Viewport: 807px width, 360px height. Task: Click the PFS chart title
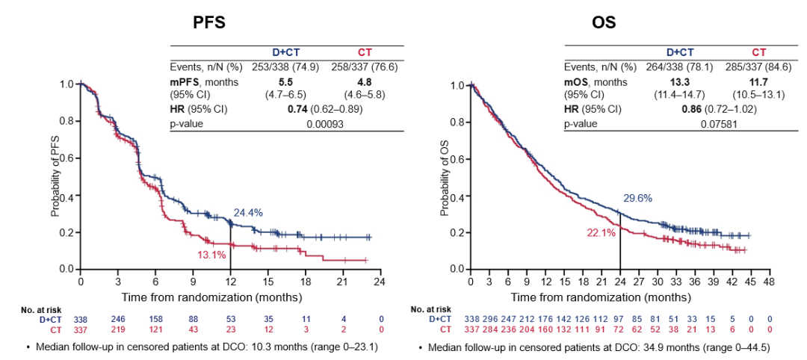coord(210,23)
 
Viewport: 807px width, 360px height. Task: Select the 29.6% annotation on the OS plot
coord(638,198)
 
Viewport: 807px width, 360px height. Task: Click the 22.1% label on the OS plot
coord(601,233)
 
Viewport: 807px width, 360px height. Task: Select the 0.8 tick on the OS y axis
coord(456,122)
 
